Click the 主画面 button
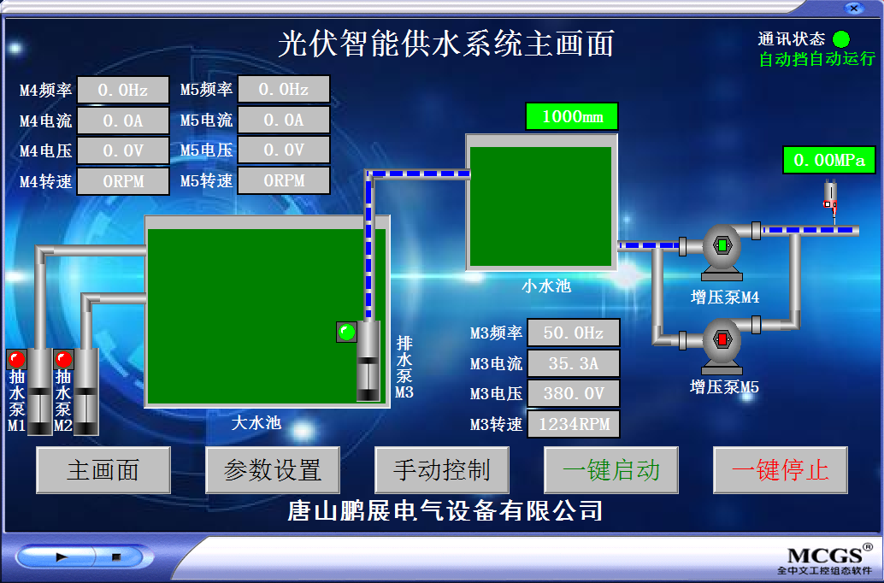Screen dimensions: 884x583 pos(103,469)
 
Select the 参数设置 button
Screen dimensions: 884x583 pos(273,469)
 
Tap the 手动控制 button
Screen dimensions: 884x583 pos(441,469)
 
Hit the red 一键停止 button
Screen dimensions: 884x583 pos(781,469)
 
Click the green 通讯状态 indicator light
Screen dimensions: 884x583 pos(841,39)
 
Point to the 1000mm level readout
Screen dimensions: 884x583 pos(572,117)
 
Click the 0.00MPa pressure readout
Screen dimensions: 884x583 pos(828,160)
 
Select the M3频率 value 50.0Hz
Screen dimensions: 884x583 pos(574,333)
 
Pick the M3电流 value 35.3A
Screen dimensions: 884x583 pos(574,363)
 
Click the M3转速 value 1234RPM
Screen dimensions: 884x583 pos(574,424)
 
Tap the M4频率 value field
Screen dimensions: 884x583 pos(123,90)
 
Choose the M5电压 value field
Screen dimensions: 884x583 pos(284,150)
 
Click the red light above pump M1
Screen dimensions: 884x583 pos(17,359)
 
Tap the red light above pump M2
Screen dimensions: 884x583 pos(64,359)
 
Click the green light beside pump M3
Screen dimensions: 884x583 pos(346,332)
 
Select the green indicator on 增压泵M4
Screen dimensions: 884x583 pos(722,245)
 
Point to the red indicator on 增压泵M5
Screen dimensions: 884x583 pos(722,339)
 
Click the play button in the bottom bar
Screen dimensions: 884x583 pos(61,557)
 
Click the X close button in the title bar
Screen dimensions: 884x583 pos(854,8)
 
